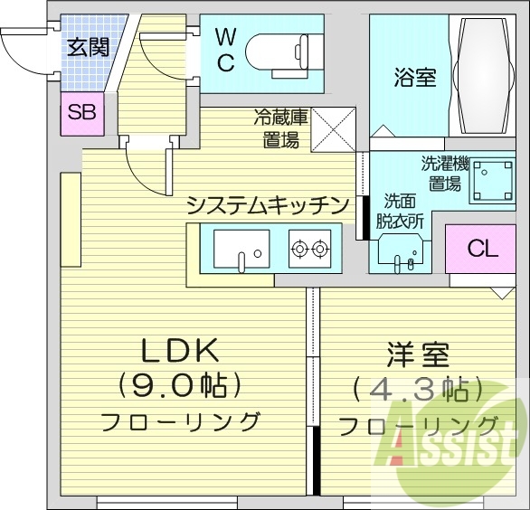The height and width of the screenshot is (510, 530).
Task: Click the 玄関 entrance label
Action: [x=88, y=45]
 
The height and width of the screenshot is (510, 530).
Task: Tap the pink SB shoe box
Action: [x=82, y=113]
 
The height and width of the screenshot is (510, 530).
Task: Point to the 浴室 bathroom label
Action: [x=414, y=78]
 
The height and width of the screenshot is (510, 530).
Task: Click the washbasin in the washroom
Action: [x=401, y=250]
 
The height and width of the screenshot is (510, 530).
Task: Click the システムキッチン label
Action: [x=267, y=205]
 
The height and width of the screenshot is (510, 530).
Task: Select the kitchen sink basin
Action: [x=241, y=248]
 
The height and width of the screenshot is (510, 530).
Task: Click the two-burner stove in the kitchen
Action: [x=309, y=247]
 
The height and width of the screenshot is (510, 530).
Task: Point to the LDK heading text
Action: [x=180, y=351]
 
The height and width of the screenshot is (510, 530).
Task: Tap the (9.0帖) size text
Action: [x=180, y=386]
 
